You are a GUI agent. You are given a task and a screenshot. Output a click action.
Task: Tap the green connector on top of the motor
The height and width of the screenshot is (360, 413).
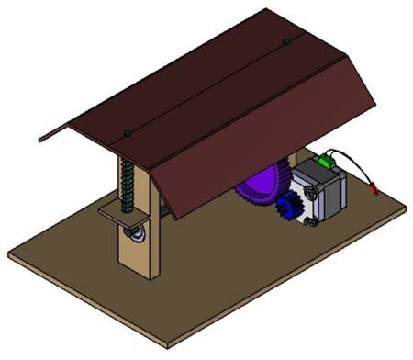coord(325,163)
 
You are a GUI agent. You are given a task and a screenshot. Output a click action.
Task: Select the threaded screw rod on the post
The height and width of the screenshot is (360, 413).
coord(128,184)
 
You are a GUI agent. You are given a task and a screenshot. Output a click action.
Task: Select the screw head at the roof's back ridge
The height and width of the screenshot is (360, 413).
coord(287,41)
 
